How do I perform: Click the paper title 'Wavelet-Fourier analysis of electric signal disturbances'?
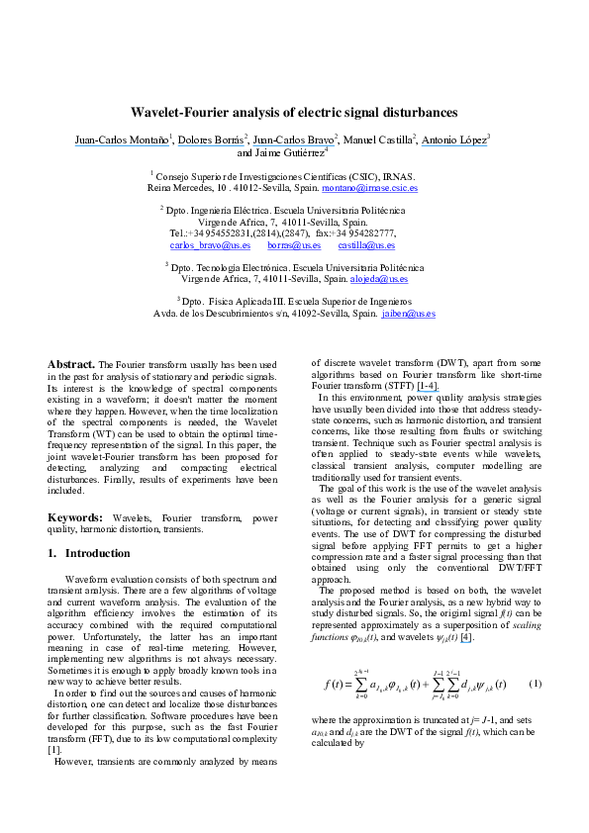tap(294, 113)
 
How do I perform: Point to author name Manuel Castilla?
tap(379, 140)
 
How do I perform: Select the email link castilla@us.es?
tap(366, 244)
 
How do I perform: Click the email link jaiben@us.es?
tap(409, 314)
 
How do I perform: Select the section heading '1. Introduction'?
tap(90, 553)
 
